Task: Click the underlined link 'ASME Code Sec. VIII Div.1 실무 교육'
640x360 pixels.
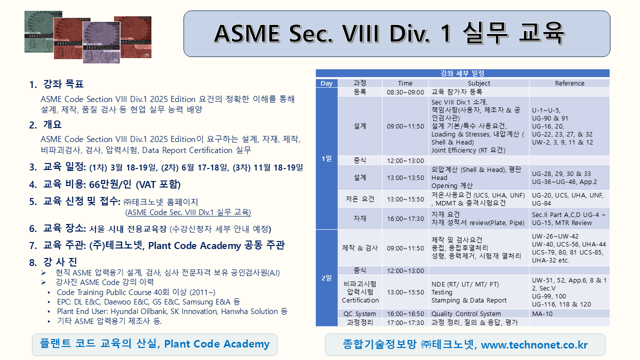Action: point(188,212)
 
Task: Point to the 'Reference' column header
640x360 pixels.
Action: point(569,83)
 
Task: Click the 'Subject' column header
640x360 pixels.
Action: point(478,83)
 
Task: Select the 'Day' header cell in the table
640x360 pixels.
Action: point(326,83)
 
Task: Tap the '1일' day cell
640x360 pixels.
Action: point(326,158)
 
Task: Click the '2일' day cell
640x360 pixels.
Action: point(326,278)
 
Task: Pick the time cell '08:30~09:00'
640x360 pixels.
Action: point(405,92)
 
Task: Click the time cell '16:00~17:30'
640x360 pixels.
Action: point(405,218)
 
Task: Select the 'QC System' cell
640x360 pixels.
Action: point(359,314)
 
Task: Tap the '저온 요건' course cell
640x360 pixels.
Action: point(359,199)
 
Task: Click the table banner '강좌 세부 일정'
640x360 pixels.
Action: point(462,73)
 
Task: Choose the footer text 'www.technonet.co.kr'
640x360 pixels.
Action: point(534,345)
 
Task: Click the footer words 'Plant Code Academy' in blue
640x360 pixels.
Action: point(216,344)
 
